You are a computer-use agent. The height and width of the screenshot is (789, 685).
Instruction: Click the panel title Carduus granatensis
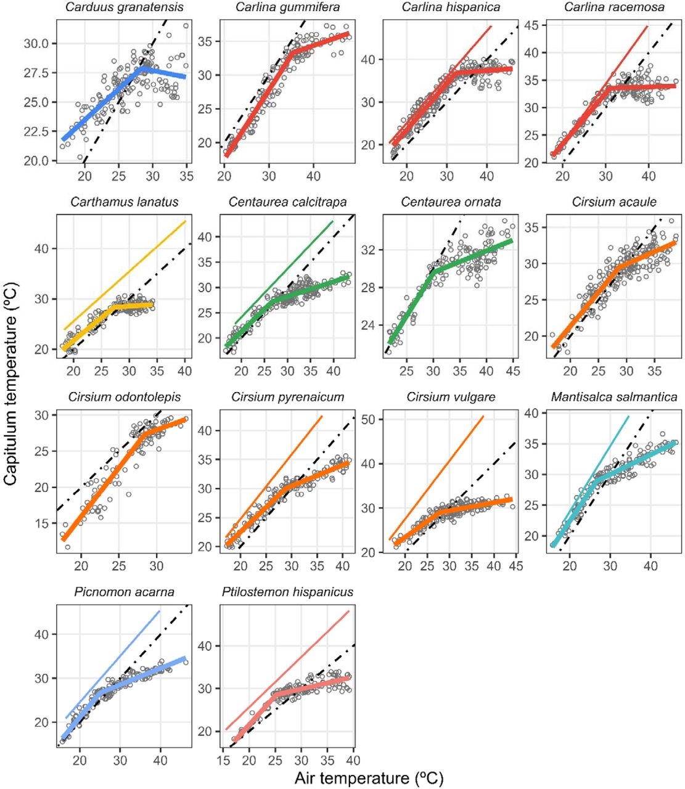click(x=124, y=7)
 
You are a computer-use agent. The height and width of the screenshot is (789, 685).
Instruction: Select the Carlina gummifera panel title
click(x=287, y=7)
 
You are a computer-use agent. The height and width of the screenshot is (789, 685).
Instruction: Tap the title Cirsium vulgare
click(x=451, y=397)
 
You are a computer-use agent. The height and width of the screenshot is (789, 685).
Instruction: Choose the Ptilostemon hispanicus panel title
click(x=287, y=592)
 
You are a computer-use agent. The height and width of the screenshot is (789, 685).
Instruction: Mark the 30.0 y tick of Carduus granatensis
click(x=40, y=44)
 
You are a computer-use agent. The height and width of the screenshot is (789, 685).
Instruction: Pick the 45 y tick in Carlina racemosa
click(x=531, y=25)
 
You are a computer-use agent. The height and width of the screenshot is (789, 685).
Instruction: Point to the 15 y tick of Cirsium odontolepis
click(x=44, y=523)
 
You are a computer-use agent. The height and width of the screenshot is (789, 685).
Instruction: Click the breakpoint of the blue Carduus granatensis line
click(x=142, y=68)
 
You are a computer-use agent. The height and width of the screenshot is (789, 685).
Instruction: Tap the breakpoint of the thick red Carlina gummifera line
click(x=290, y=53)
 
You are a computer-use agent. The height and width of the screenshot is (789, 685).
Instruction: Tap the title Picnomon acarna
click(x=124, y=592)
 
